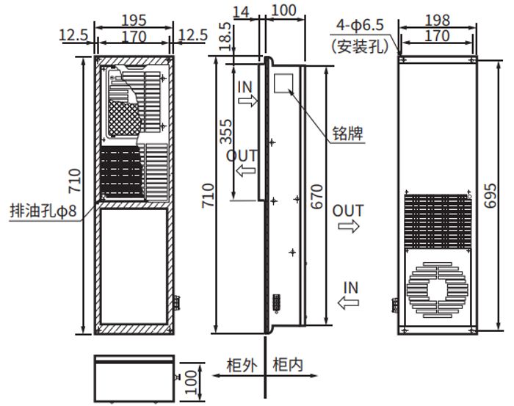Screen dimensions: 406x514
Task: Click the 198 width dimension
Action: coord(438,20)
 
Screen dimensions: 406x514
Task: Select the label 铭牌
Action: coord(347,134)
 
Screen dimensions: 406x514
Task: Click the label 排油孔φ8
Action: coord(43,211)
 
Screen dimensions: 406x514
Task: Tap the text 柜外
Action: coord(240,364)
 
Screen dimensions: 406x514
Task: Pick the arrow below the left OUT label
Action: coord(243,170)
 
